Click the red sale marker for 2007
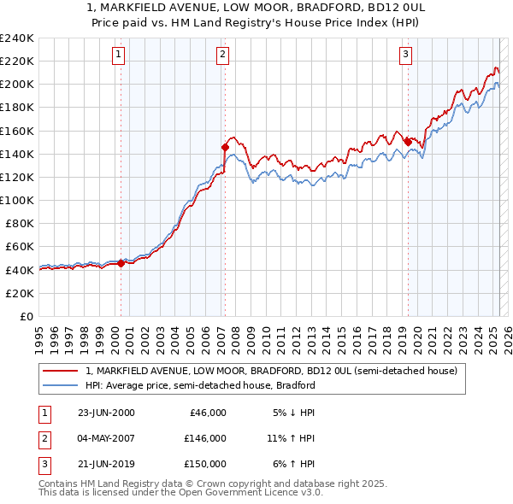pos(225,147)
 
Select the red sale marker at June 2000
pos(121,263)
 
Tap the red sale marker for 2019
pos(408,142)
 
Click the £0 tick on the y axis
pos(26,316)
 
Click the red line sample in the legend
pos(61,371)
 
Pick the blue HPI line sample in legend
pos(61,385)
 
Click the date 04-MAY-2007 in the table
pos(105,438)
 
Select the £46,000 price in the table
pos(206,413)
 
